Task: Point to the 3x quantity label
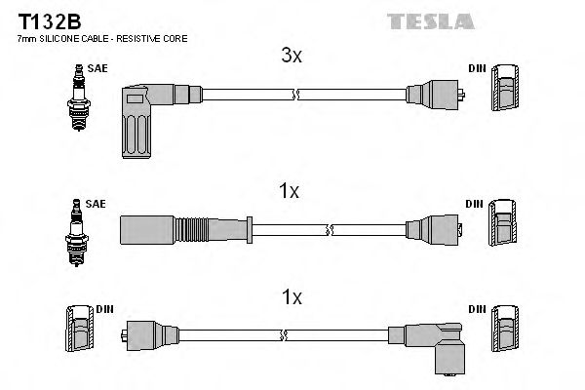click(x=292, y=58)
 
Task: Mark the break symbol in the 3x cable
click(x=295, y=95)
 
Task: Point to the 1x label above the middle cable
click(x=288, y=192)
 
